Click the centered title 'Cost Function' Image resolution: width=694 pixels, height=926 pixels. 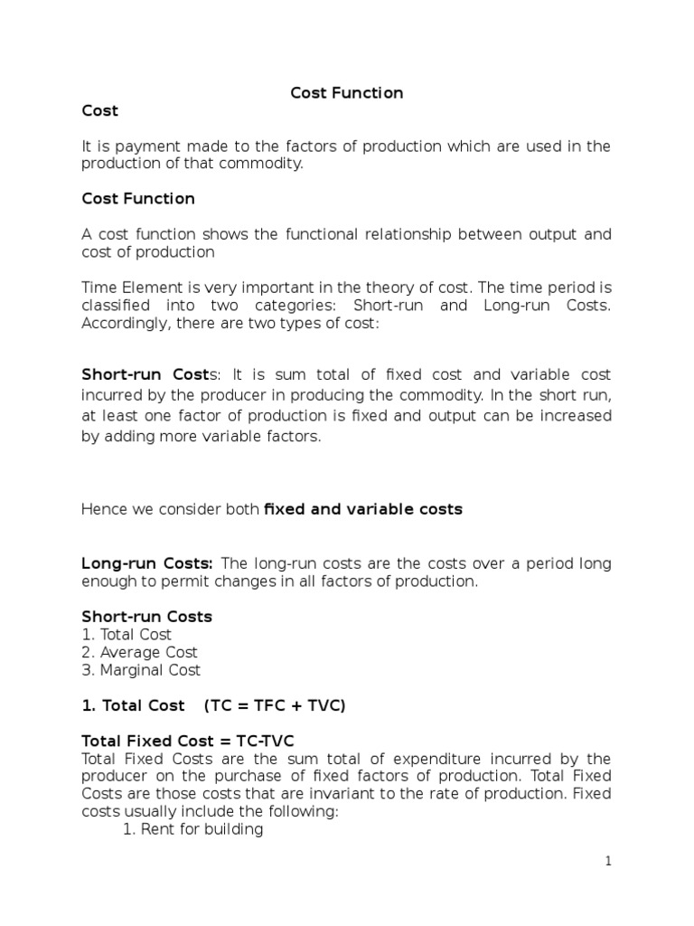coord(346,93)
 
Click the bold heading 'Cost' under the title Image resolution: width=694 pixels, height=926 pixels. coord(99,111)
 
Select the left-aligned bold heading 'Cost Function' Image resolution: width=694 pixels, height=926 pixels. coord(138,198)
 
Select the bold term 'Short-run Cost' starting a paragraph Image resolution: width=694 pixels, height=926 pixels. coord(145,374)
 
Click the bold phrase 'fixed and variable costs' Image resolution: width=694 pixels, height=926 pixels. coord(362,509)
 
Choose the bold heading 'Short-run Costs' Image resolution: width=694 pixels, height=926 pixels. coord(146,617)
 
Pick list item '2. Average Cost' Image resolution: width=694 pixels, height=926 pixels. coord(139,652)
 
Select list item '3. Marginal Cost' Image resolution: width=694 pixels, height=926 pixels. coord(141,670)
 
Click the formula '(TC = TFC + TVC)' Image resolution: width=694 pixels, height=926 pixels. coord(275,705)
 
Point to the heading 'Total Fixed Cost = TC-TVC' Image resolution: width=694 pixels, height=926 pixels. coord(188,741)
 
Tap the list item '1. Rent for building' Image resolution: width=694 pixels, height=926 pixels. coord(192,829)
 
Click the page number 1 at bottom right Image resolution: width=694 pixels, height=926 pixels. coord(608,862)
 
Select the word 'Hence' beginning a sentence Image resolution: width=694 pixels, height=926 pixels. coord(103,510)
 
